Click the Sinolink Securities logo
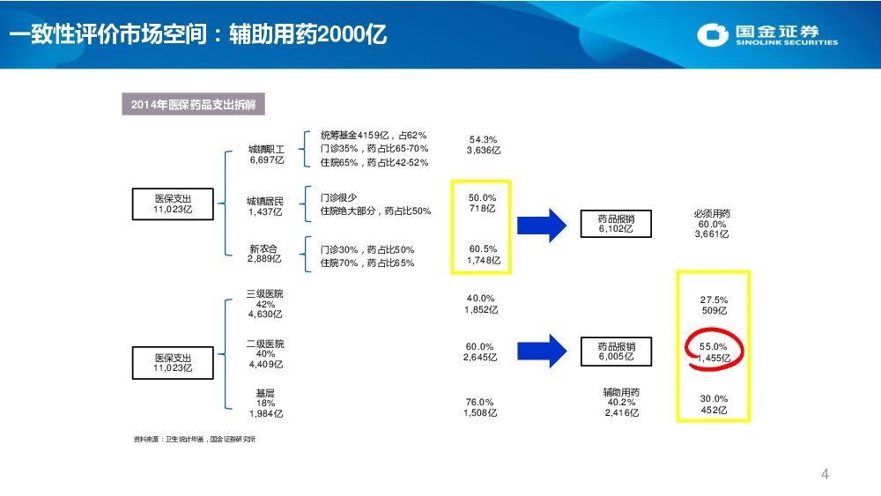click(x=767, y=35)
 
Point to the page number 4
click(x=825, y=475)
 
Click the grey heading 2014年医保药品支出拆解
click(x=193, y=105)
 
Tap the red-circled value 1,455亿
click(x=714, y=359)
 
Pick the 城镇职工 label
click(x=266, y=150)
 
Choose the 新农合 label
click(x=264, y=249)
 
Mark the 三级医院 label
click(x=265, y=293)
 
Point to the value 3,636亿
click(x=484, y=150)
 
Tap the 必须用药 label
click(x=712, y=214)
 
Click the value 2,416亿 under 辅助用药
click(x=621, y=412)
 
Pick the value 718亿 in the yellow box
click(x=483, y=209)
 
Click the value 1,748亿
click(x=483, y=260)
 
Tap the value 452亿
click(x=714, y=409)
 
